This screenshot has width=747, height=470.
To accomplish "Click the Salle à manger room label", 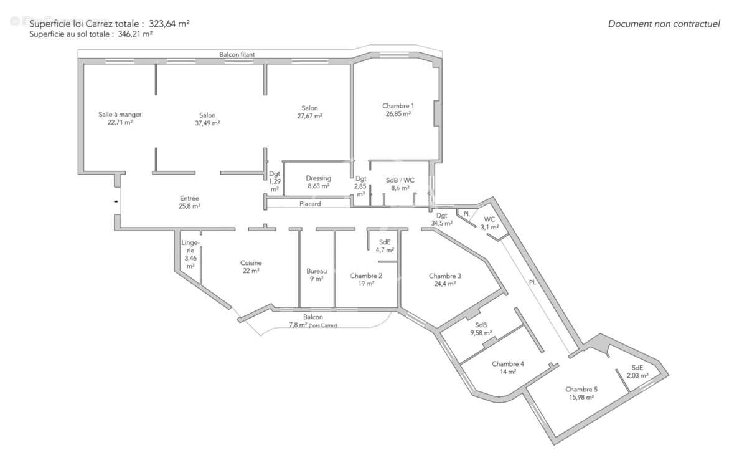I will click(x=120, y=115).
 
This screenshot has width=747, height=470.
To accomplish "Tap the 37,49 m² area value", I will click(x=207, y=123).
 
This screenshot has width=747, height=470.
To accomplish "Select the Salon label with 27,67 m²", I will click(x=309, y=108).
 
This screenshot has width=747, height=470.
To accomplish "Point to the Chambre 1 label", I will click(x=398, y=106).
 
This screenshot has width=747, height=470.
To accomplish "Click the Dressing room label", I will click(x=318, y=178).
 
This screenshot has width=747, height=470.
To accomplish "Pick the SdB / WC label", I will click(x=400, y=180).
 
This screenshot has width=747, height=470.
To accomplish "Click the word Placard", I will click(x=310, y=204).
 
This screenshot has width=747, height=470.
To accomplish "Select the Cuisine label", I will click(x=251, y=263).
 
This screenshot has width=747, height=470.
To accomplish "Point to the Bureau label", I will click(x=316, y=271).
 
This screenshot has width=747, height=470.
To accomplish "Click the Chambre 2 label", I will click(x=366, y=276).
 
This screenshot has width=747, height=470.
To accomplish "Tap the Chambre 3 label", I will click(x=444, y=276).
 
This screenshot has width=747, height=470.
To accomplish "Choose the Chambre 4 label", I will click(x=507, y=364).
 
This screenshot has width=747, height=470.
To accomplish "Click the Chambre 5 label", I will click(x=581, y=389).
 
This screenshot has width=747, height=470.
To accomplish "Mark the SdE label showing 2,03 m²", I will click(x=637, y=368).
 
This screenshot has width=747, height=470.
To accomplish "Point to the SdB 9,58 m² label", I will click(x=481, y=325).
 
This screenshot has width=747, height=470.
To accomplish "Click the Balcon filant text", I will click(x=237, y=55).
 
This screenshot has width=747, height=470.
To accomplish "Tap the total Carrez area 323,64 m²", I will click(x=169, y=24).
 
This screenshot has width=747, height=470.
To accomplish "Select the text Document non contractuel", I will click(x=664, y=24).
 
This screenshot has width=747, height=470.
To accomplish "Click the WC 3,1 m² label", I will click(x=489, y=219).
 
